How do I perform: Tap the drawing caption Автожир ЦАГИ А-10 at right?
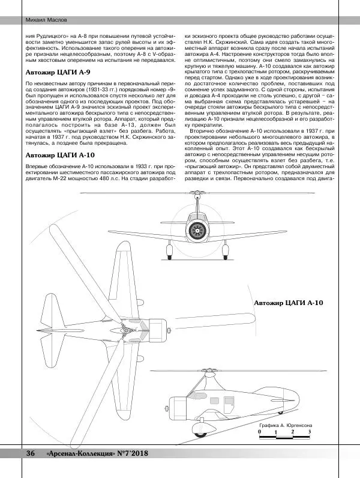tap(288, 303)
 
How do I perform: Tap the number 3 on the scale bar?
tap(309, 431)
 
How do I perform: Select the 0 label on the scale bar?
tap(259, 431)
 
